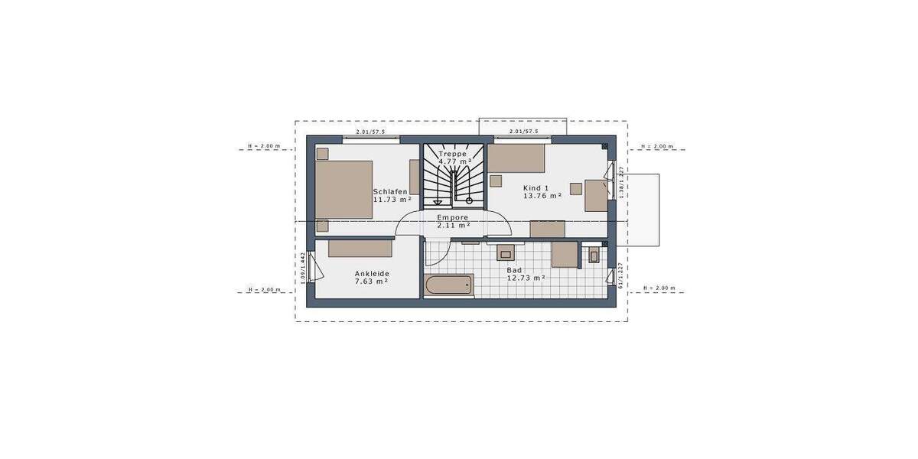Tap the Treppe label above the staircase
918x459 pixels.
click(x=452, y=154)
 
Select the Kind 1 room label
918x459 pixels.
click(x=535, y=187)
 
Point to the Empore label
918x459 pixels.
click(x=452, y=217)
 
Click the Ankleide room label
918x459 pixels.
click(x=371, y=273)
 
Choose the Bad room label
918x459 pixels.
click(x=513, y=270)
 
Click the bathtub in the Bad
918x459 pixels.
click(x=449, y=285)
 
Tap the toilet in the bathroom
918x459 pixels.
click(x=594, y=256)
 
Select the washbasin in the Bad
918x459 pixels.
click(x=506, y=252)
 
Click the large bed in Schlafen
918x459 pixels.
click(x=343, y=189)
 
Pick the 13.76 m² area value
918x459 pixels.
click(x=542, y=196)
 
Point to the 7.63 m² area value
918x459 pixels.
click(x=371, y=282)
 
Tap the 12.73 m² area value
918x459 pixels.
click(x=526, y=278)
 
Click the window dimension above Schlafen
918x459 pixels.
click(x=371, y=132)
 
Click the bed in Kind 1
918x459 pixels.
click(x=516, y=159)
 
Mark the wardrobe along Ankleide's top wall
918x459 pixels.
click(x=360, y=248)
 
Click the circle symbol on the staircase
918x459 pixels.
click(x=469, y=200)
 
